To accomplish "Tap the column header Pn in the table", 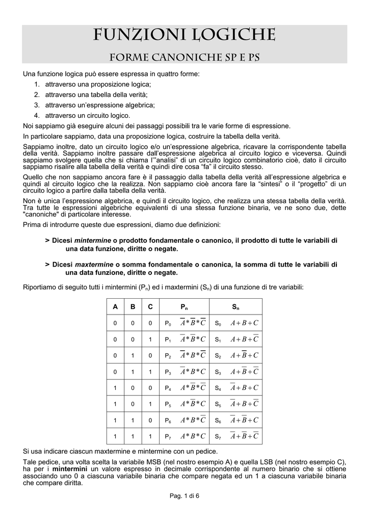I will coord(184,307).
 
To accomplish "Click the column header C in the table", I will coord(150,307).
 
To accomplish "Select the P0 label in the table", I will coord(168,324).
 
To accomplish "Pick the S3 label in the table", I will coord(218,372).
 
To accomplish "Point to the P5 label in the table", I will coord(168,404).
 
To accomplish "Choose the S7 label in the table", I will coord(218,437).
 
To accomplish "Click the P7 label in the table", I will coord(168,437).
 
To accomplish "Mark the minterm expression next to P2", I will coord(193,355).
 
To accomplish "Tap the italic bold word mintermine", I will coord(93,240).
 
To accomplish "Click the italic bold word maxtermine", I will coord(94,265).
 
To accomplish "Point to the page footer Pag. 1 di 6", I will coord(184,511).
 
